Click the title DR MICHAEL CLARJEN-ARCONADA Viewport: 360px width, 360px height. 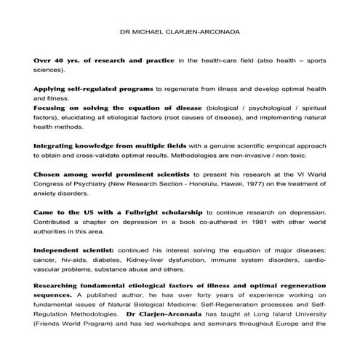click(x=180, y=33)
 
